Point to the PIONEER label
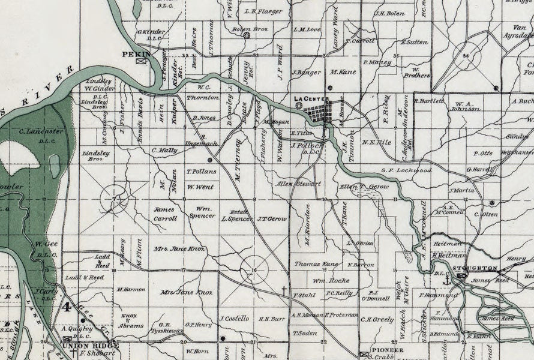coord(388,349)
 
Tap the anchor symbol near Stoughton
coord(446,279)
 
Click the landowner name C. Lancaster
coord(41,131)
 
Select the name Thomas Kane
coord(317,263)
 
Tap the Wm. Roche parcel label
coord(331,280)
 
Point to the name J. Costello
coord(234,318)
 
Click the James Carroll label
coord(165,214)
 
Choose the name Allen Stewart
coord(298,184)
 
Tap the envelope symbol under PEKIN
coord(142,60)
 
